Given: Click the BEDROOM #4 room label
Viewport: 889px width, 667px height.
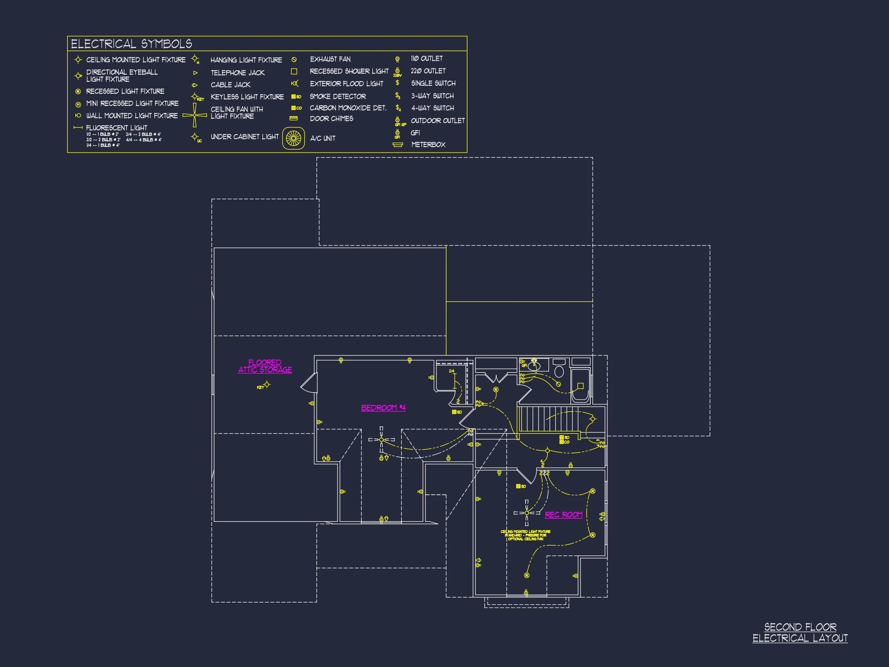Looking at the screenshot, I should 383,408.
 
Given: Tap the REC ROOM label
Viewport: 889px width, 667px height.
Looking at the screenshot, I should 563,515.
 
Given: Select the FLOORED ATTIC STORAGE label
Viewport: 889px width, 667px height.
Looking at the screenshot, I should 265,366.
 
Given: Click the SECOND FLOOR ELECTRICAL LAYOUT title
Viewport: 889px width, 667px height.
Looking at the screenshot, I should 800,632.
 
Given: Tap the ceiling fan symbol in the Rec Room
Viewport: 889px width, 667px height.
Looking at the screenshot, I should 526,513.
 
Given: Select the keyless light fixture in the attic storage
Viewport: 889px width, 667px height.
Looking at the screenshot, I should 267,385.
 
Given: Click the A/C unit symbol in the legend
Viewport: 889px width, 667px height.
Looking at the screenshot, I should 293,138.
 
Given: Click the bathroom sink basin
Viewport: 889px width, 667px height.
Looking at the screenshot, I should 534,366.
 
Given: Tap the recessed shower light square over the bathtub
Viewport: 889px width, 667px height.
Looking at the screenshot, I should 580,386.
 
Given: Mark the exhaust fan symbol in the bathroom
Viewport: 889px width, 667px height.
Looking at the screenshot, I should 558,384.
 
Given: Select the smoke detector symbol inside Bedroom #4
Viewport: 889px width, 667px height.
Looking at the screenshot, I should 455,412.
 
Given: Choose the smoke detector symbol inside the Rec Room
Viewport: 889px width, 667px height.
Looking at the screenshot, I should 519,486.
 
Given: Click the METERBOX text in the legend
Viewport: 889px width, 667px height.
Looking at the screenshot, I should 428,145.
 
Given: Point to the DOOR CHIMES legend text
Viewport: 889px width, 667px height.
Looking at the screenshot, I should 331,119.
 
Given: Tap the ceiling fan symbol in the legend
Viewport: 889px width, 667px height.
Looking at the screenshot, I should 194,115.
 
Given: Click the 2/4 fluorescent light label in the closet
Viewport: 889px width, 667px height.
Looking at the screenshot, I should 452,371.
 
